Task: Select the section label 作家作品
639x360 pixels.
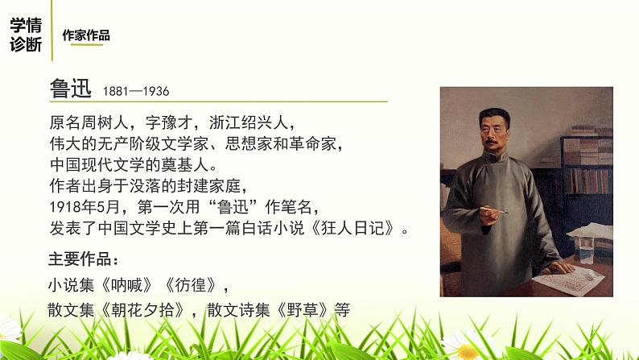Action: [86, 35]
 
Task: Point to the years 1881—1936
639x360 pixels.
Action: [136, 92]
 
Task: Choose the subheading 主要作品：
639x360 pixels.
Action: [83, 259]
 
